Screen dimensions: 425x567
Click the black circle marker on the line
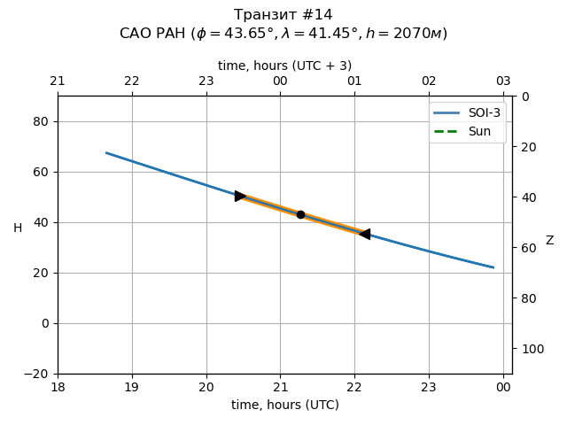300,214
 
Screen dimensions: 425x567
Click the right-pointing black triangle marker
240,196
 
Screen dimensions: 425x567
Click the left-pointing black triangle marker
364,234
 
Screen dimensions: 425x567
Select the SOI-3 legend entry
467,113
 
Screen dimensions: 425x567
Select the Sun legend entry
467,131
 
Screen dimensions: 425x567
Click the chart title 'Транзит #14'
283,15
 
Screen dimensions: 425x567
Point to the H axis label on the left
18,228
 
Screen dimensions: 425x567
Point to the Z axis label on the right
549,241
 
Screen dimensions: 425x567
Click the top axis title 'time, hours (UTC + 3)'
284,66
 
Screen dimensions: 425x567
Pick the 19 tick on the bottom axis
132,387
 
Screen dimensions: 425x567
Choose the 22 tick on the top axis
132,81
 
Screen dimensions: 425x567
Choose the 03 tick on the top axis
503,81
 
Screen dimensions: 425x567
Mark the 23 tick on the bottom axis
429,387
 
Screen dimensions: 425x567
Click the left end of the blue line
106,152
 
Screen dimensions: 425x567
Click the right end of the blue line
493,267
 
